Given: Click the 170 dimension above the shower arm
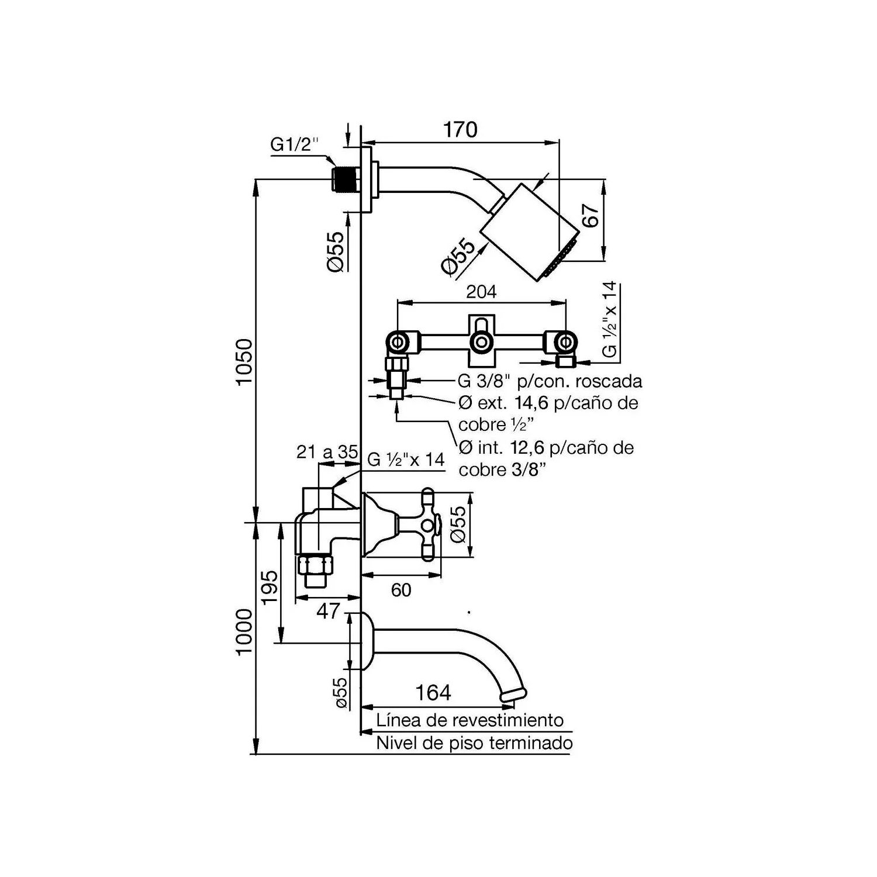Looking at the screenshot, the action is tap(460, 129).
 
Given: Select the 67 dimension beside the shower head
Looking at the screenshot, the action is tap(591, 216).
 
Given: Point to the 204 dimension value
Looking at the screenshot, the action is tap(481, 291).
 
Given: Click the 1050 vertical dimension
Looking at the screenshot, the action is tap(244, 361).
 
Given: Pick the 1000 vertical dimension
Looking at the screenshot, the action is tap(244, 632).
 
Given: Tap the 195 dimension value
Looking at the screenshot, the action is tap(270, 588).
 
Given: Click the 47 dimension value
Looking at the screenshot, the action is tap(327, 611).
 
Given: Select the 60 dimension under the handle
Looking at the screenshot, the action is tap(401, 590).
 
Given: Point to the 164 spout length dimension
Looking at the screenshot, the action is tap(433, 693).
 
